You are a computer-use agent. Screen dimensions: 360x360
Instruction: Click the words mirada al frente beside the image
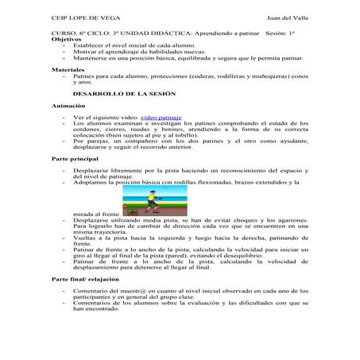coord(95,213)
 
